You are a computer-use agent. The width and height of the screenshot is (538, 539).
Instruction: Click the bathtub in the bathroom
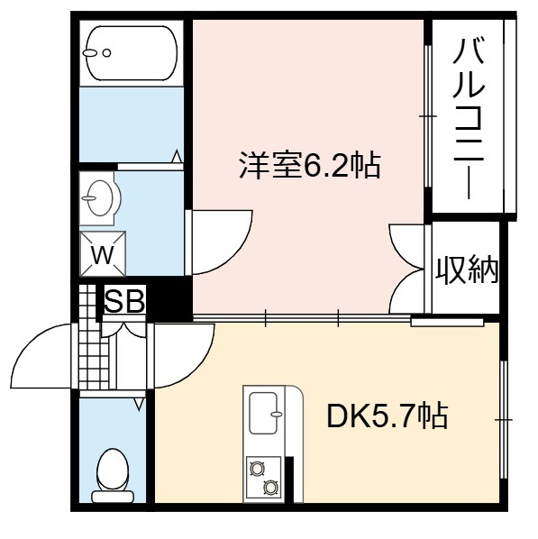point(131,53)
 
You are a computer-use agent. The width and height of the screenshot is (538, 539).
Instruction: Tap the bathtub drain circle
point(107,53)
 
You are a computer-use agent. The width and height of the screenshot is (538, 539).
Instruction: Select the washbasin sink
point(100,198)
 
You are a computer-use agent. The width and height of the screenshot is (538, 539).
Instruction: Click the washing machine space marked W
point(103,253)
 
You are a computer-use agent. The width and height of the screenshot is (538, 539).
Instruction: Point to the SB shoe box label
point(124,301)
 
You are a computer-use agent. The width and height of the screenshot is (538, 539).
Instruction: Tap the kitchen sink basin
point(263,413)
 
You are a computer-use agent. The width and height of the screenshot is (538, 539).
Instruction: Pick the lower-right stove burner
point(270,487)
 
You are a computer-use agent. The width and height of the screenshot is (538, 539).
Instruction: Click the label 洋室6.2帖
point(310,165)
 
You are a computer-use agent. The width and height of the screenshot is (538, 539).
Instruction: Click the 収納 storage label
point(467,270)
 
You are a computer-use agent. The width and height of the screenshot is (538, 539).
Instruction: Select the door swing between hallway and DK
point(199,364)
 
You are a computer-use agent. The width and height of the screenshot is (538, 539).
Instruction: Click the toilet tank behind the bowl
point(113,497)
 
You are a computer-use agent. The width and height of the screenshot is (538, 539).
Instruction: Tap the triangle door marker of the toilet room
point(139,404)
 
